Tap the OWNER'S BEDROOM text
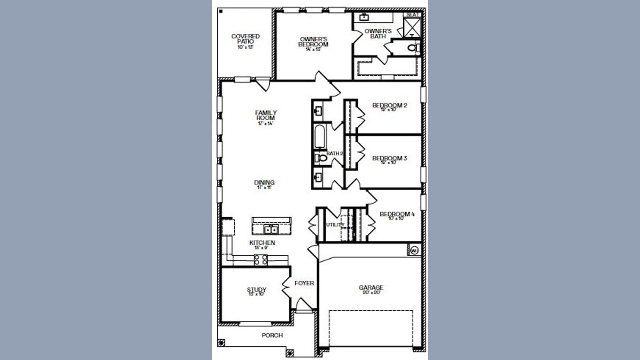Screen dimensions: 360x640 [x=313, y=42]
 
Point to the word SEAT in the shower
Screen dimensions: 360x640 [x=412, y=15]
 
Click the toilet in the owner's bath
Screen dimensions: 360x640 [x=412, y=47]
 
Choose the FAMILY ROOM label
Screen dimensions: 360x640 [x=266, y=115]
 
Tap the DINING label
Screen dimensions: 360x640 [x=264, y=183]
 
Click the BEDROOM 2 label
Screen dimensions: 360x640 [x=389, y=105]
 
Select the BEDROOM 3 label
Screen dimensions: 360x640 [x=389, y=158]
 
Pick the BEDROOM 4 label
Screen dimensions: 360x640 [x=397, y=215]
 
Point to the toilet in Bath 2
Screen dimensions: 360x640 [x=320, y=158]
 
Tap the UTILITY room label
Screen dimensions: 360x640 [x=335, y=225]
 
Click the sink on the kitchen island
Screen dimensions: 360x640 [x=271, y=230]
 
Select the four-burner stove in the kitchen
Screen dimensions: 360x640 [x=261, y=260]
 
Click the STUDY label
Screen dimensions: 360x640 [x=256, y=290]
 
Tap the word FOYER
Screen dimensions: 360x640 [x=304, y=283]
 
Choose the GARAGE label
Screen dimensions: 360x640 [x=371, y=288]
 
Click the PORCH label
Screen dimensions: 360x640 [x=272, y=335]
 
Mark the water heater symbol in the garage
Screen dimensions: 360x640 [x=414, y=251]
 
